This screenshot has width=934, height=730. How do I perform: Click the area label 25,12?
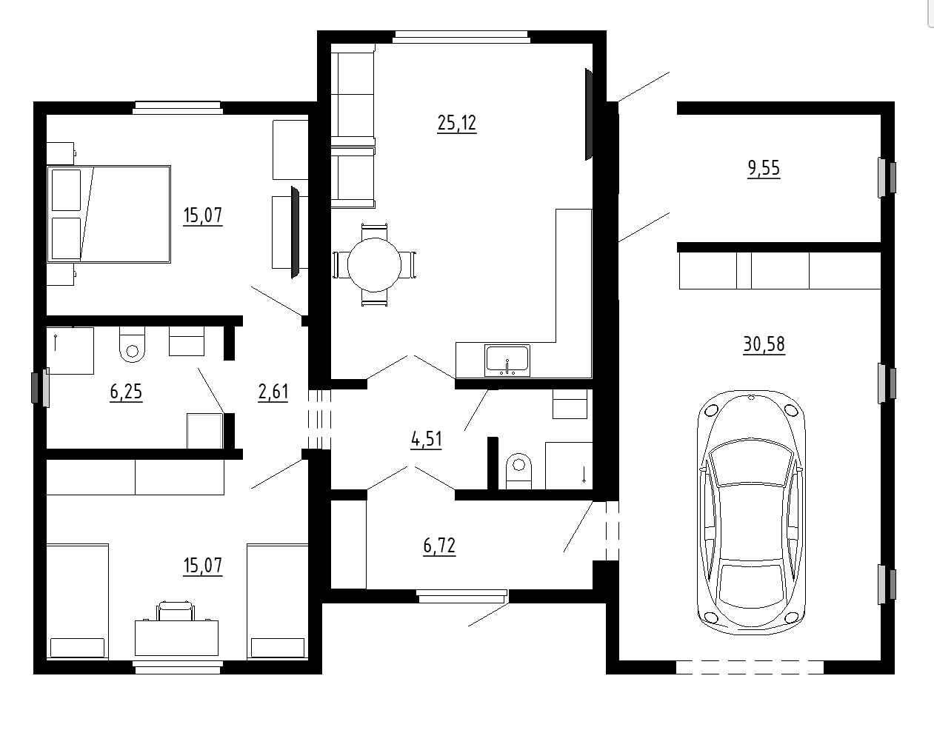click(x=456, y=124)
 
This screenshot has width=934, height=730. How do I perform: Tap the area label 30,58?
click(x=764, y=344)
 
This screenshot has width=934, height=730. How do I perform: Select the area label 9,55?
click(x=764, y=168)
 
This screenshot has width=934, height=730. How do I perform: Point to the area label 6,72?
click(x=438, y=546)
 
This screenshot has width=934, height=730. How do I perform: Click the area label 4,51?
click(x=426, y=440)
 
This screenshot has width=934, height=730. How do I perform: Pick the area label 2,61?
click(x=273, y=392)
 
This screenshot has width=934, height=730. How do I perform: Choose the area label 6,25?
click(x=126, y=392)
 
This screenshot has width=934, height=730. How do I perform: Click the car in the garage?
click(x=751, y=512)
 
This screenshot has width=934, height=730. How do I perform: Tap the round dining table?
click(x=374, y=264)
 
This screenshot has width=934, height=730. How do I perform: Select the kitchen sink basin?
click(x=507, y=360)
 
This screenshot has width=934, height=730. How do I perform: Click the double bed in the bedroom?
click(x=109, y=214)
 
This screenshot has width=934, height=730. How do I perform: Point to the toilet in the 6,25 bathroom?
click(x=132, y=344)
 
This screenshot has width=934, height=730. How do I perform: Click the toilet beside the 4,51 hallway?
click(x=518, y=471)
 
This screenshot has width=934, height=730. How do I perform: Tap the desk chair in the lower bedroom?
click(x=176, y=611)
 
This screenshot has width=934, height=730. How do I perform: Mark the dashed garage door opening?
click(x=750, y=667)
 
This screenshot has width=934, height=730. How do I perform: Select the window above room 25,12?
click(x=461, y=37)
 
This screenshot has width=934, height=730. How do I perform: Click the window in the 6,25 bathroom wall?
click(x=41, y=387)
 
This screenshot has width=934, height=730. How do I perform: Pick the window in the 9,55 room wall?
click(x=887, y=178)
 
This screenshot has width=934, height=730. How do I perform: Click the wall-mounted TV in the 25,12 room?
click(x=589, y=114)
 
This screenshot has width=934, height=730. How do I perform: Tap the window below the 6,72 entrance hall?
click(x=461, y=596)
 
